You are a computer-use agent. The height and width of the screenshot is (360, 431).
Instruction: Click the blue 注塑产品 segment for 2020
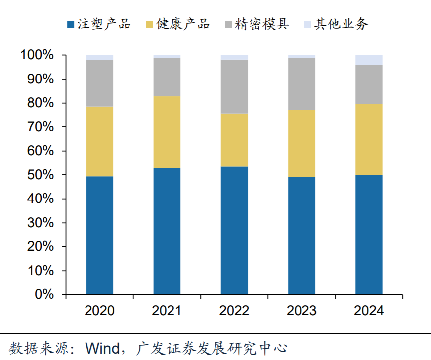[99, 235]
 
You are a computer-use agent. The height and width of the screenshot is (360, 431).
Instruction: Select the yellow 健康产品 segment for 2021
[167, 132]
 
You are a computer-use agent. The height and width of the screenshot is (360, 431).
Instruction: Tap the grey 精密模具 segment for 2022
[234, 86]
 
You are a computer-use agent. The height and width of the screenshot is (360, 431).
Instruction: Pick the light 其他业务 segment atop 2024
[369, 60]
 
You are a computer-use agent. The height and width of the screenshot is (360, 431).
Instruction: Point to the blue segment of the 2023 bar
[302, 236]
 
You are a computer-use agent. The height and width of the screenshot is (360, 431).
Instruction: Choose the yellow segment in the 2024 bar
[369, 139]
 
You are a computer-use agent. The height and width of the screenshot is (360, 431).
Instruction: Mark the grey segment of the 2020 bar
[99, 83]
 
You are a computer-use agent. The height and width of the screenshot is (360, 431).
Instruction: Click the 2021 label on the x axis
[167, 311]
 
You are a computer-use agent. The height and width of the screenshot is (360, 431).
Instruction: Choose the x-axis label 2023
[302, 311]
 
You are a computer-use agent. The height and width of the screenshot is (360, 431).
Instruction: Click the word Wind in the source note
[102, 348]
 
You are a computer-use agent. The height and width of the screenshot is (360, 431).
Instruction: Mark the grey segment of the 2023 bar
[302, 84]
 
